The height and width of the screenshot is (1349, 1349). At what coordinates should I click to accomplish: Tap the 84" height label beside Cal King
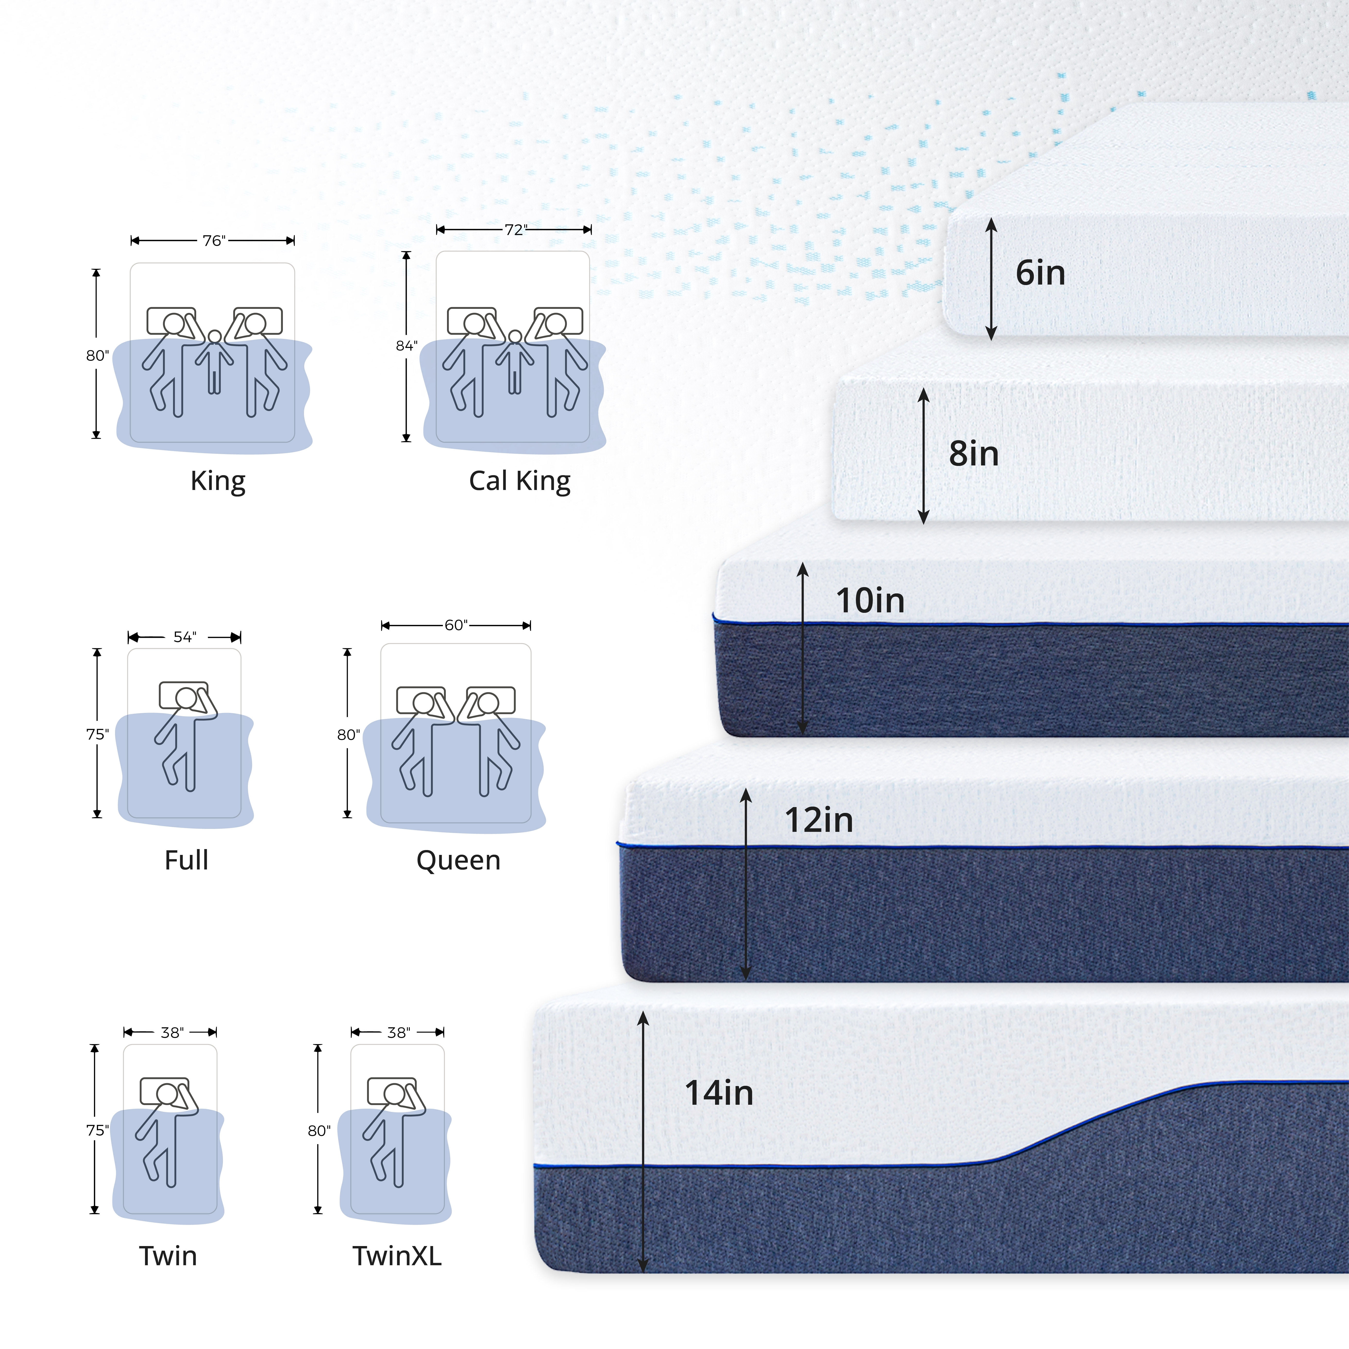coord(406,346)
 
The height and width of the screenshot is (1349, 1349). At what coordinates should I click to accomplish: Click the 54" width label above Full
coord(185,637)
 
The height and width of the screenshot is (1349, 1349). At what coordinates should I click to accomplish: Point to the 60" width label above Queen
coord(456,625)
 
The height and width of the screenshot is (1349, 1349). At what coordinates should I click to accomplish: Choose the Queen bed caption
coord(458,860)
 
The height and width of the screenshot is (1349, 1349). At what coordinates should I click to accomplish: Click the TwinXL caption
coord(396,1256)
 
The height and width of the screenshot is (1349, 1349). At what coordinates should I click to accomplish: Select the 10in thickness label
coord(870,600)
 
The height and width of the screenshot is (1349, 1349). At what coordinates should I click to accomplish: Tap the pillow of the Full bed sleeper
coord(184,695)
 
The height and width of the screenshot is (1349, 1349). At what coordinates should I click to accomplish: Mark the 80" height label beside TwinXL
coord(319,1130)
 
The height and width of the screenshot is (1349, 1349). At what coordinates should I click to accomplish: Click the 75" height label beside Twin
coord(97,1130)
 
